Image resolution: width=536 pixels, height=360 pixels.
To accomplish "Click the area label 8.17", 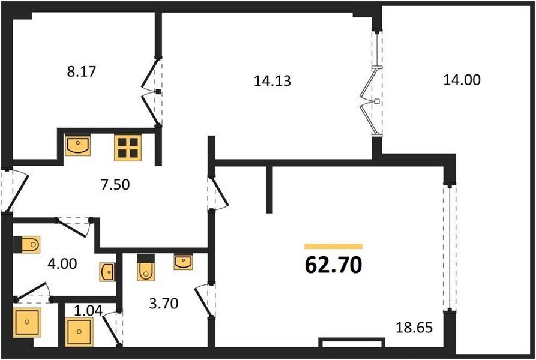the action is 82,72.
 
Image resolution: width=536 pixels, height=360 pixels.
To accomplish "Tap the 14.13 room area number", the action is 273,81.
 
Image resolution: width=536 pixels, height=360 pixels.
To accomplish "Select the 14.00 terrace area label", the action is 462,80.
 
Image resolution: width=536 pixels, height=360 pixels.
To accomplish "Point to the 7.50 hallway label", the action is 115,184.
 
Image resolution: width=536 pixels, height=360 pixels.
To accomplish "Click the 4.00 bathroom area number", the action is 62,263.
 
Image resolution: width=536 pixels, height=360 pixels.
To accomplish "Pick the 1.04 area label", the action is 88,310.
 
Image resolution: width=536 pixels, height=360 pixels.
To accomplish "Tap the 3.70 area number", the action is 164,303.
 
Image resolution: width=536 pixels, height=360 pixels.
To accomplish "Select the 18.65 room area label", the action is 414,327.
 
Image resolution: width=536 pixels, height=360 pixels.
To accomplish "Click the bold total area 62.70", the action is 333,265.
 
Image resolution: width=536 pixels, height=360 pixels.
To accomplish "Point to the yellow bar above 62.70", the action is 333,246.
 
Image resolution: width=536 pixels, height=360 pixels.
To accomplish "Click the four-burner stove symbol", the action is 128,148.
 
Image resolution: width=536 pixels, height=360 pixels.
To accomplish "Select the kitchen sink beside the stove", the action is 78,146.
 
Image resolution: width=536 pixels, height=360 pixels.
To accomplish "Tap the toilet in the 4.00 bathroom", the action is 26,245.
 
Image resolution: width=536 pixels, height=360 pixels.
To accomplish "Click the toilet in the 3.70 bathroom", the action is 146,268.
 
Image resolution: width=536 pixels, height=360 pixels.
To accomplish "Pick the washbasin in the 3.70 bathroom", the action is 183,262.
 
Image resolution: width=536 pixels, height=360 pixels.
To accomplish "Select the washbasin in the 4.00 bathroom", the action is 107,272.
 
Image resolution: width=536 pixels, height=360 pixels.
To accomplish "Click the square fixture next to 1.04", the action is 79,332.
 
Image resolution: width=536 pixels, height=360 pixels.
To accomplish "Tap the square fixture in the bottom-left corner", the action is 27,322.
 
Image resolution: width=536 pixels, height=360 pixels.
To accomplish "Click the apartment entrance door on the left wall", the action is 14,190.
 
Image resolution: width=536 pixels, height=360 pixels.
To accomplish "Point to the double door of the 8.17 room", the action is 151,92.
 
